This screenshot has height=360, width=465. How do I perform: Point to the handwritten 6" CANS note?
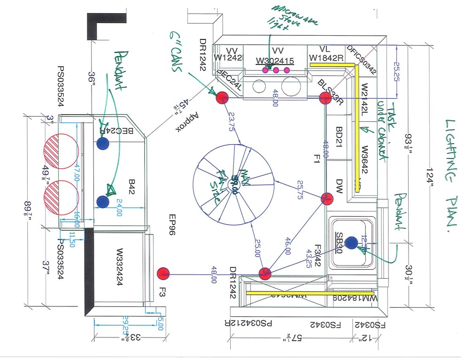176,52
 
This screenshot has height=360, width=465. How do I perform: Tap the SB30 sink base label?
339,243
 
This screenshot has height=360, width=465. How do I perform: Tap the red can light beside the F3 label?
163,273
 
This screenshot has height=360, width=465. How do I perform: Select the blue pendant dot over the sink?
352,242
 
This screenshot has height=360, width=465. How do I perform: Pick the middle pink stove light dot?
276,70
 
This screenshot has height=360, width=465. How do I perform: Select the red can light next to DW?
327,199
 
